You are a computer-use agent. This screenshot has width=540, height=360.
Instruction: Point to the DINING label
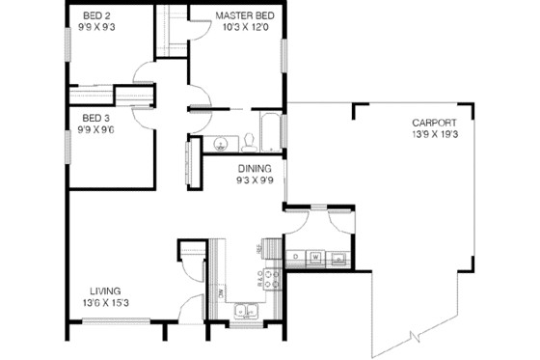[256, 167]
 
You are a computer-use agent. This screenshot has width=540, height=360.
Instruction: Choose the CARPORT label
[432, 123]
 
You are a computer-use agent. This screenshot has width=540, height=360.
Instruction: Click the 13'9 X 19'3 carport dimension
[432, 135]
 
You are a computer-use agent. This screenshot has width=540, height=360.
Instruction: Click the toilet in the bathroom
[249, 142]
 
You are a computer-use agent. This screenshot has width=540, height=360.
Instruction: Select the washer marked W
[316, 257]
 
